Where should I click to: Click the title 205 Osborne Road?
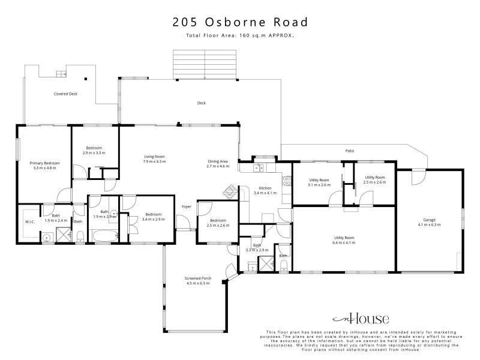click(x=240, y=22)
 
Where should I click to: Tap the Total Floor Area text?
click(x=240, y=35)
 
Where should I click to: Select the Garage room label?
click(x=429, y=222)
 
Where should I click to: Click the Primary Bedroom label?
click(x=44, y=166)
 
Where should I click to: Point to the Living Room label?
click(x=155, y=159)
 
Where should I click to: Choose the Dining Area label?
click(x=218, y=164)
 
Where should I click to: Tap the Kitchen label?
click(x=265, y=190)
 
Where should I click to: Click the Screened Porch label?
click(x=198, y=281)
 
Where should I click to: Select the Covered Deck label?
click(x=65, y=94)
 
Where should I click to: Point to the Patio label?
click(x=350, y=151)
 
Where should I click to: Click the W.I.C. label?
click(x=30, y=222)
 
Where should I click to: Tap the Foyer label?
click(x=187, y=206)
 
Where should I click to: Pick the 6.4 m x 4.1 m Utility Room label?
click(x=344, y=241)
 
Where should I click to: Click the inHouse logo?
click(x=361, y=319)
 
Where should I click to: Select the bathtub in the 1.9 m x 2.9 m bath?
click(x=106, y=236)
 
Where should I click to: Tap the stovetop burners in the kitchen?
click(x=287, y=181)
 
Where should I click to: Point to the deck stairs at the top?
click(x=205, y=65)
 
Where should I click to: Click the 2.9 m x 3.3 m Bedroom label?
click(x=94, y=151)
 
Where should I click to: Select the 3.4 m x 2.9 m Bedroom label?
click(x=154, y=217)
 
